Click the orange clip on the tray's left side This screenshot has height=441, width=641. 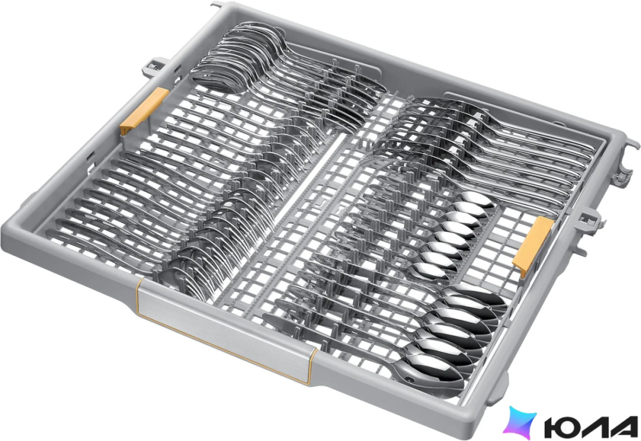[x=145, y=110]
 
